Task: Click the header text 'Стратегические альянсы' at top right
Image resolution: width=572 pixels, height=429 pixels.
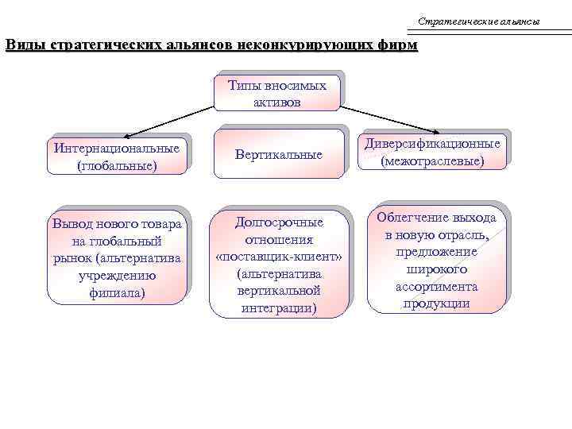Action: point(478,21)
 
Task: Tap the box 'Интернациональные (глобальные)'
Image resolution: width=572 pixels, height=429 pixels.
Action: point(117,156)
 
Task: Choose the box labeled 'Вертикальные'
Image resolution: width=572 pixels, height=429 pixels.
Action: point(279,154)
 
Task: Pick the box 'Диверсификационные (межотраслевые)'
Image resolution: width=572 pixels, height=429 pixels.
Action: point(433,152)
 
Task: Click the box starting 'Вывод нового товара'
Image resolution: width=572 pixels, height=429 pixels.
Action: point(117,257)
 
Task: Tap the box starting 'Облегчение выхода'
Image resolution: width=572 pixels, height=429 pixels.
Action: point(436,260)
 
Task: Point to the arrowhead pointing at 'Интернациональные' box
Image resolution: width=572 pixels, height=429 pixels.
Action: point(128,136)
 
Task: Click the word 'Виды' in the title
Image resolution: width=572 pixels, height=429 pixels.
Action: point(25,44)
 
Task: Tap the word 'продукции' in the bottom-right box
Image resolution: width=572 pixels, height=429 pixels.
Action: point(436,303)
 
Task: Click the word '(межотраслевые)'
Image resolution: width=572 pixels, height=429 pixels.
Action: point(433,160)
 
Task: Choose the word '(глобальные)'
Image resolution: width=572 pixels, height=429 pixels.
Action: point(117,165)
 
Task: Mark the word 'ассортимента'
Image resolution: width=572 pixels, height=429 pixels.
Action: point(436,287)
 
